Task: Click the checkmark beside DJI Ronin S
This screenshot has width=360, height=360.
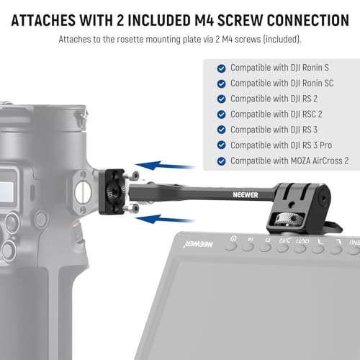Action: tap(221, 68)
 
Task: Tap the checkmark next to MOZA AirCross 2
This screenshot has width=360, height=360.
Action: tap(221, 161)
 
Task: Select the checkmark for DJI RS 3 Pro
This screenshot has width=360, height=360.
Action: tap(221, 145)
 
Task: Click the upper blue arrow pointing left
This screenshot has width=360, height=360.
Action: tap(165, 166)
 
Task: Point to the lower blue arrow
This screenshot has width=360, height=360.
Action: tap(165, 219)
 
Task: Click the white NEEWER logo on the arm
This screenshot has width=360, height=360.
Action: tap(246, 195)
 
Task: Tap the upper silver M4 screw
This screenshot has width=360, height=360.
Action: tap(132, 176)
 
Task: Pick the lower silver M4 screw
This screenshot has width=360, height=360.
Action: tap(132, 208)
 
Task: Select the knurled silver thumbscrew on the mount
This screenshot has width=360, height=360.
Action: tap(286, 219)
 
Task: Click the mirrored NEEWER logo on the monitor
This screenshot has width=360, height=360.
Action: tap(198, 244)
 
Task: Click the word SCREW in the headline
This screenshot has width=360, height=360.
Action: tap(240, 20)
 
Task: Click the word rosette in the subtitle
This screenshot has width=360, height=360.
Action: tap(130, 40)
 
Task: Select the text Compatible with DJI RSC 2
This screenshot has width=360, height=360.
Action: tap(276, 114)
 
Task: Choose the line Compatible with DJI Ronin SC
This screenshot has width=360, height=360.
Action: tap(282, 84)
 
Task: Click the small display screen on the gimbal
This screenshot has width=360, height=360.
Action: tap(6, 190)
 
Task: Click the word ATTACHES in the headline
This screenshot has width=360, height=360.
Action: tap(43, 20)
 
